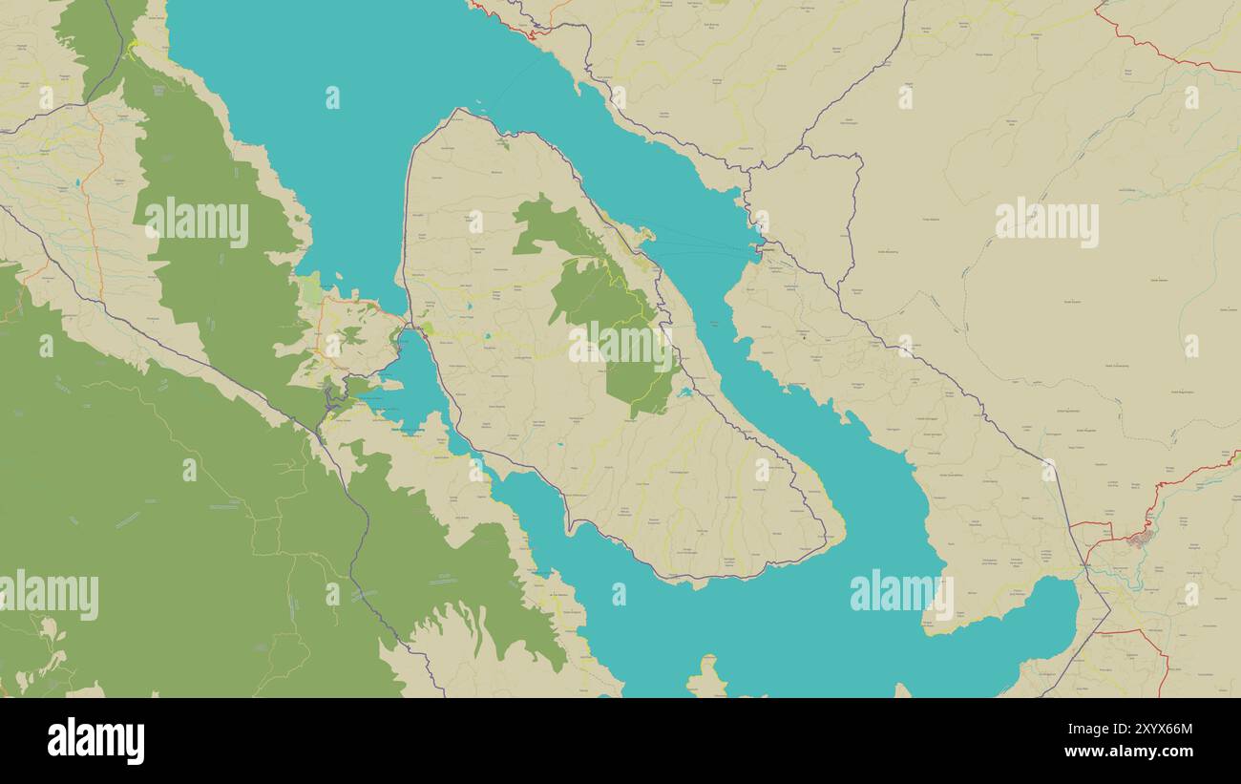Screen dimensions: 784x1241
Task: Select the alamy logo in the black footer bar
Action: [95, 741]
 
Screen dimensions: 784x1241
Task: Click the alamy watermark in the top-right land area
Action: [1046, 222]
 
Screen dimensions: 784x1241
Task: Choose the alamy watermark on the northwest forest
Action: [197, 222]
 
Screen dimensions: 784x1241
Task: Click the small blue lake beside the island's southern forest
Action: [684, 392]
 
